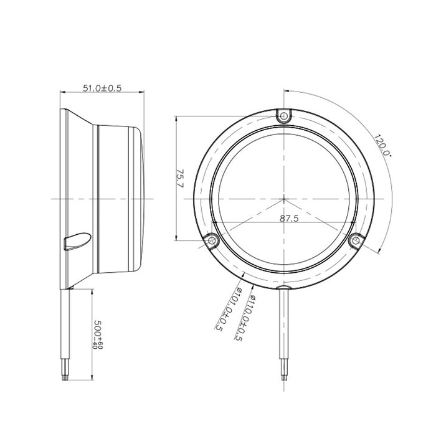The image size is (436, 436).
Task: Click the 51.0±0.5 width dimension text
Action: (102, 88)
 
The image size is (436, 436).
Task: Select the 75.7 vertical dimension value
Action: (181, 178)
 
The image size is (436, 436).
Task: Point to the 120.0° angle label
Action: (382, 145)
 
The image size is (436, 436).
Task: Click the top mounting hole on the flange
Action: (284, 116)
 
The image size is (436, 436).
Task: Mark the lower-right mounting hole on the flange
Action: (356, 240)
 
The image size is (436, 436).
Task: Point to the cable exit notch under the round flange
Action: (284, 291)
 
